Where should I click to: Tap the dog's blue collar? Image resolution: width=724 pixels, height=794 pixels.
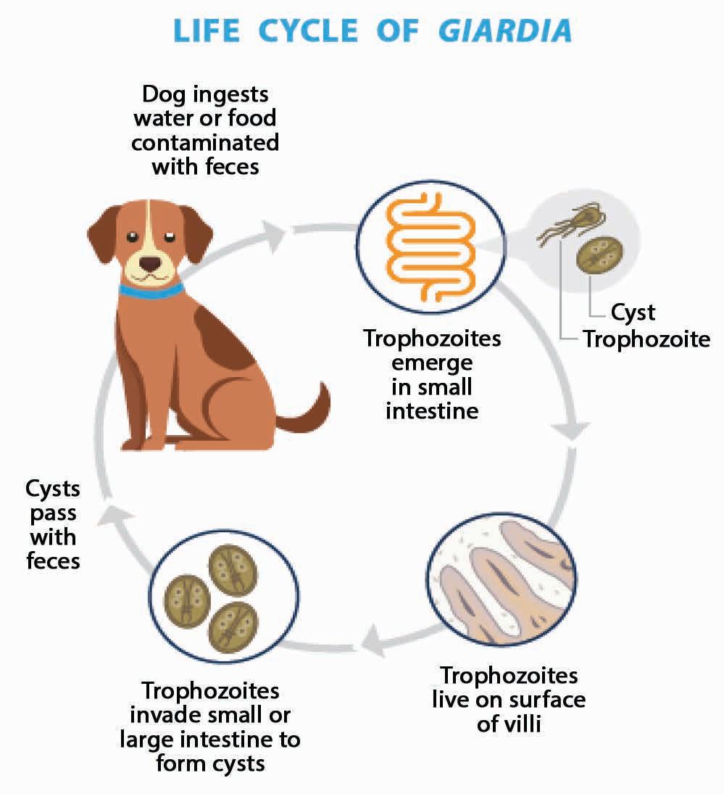point(151,292)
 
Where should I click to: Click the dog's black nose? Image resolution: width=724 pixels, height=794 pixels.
point(151,263)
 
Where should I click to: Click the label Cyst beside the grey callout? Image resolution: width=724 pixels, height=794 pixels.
point(633,313)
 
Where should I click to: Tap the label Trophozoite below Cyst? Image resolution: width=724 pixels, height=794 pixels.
point(647,339)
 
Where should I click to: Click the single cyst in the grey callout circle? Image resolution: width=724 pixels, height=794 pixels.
point(600,256)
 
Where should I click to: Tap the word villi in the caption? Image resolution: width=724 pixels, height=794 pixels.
point(520,724)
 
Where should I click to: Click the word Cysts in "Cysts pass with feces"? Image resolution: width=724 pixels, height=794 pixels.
point(52,489)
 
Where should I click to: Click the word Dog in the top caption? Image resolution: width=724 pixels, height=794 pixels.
point(165,94)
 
